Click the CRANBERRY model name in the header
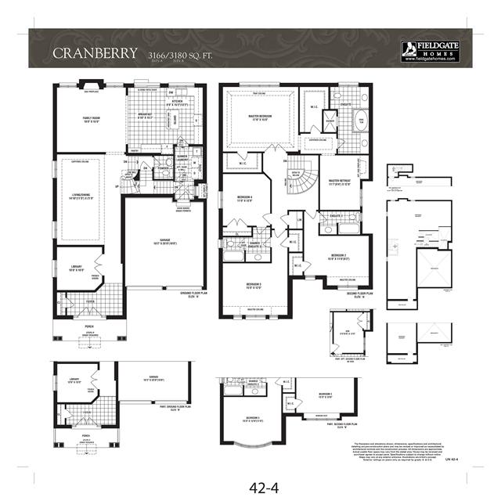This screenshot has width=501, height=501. pos(93,53)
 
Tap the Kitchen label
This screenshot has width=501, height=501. pos(177,103)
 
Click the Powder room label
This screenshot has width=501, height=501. pos(163,167)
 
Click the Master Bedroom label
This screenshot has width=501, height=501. pos(258,118)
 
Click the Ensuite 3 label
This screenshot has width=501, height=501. pos(336,216)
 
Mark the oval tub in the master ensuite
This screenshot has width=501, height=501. pos(361,121)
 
